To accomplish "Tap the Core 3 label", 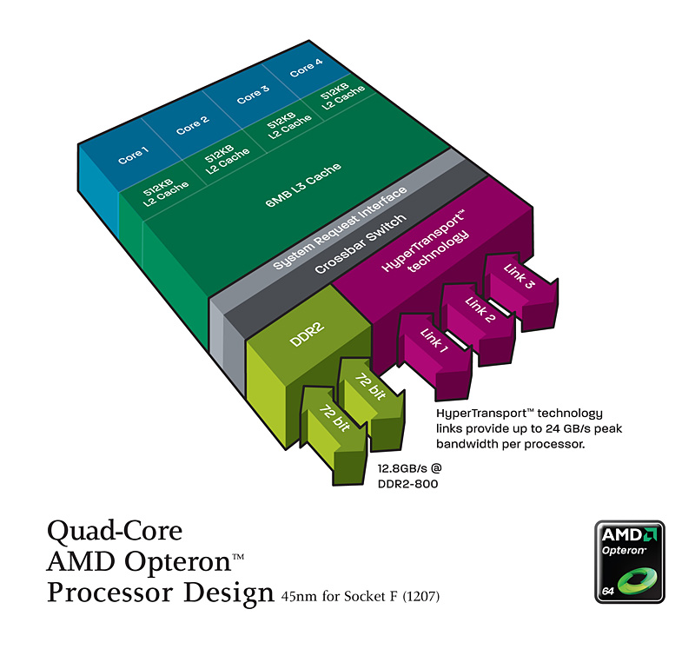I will [x=253, y=94].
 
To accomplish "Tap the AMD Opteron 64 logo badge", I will [x=629, y=563].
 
